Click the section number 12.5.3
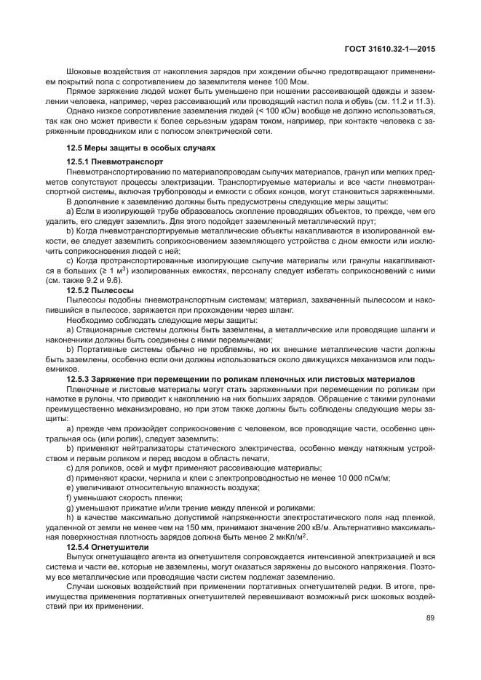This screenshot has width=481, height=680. (x=79, y=379)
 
